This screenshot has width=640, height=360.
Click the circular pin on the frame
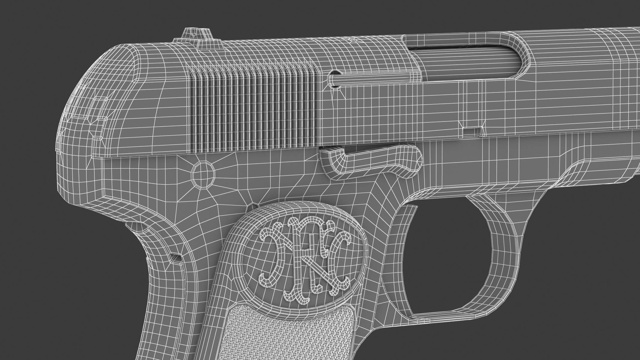203,173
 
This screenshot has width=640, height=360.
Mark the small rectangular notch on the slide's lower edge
472,131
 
